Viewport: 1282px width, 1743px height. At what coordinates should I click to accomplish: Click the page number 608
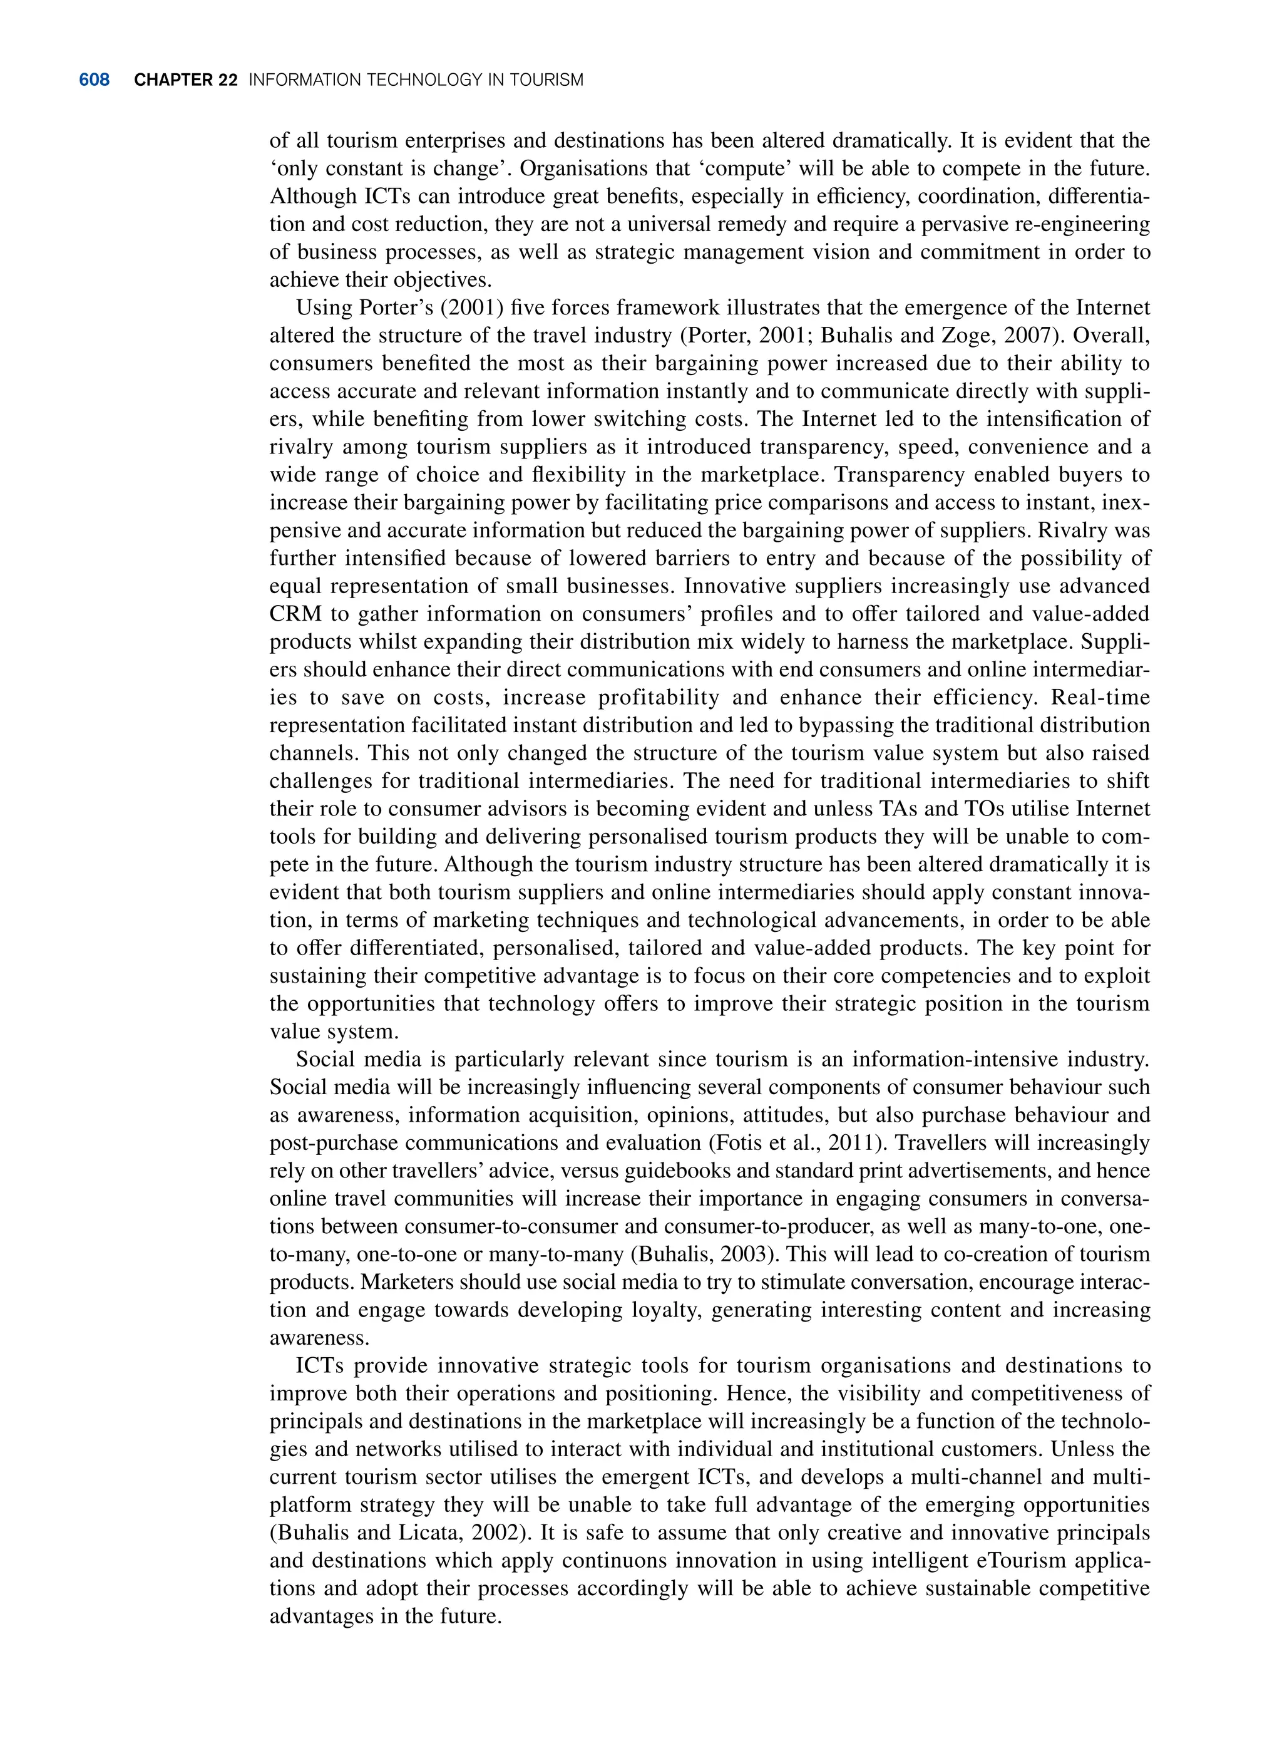pyautogui.click(x=94, y=80)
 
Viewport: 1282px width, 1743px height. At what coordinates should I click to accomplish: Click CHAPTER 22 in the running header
pyautogui.click(x=185, y=80)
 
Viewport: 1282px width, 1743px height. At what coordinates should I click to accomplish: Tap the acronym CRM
pyautogui.click(x=295, y=614)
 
